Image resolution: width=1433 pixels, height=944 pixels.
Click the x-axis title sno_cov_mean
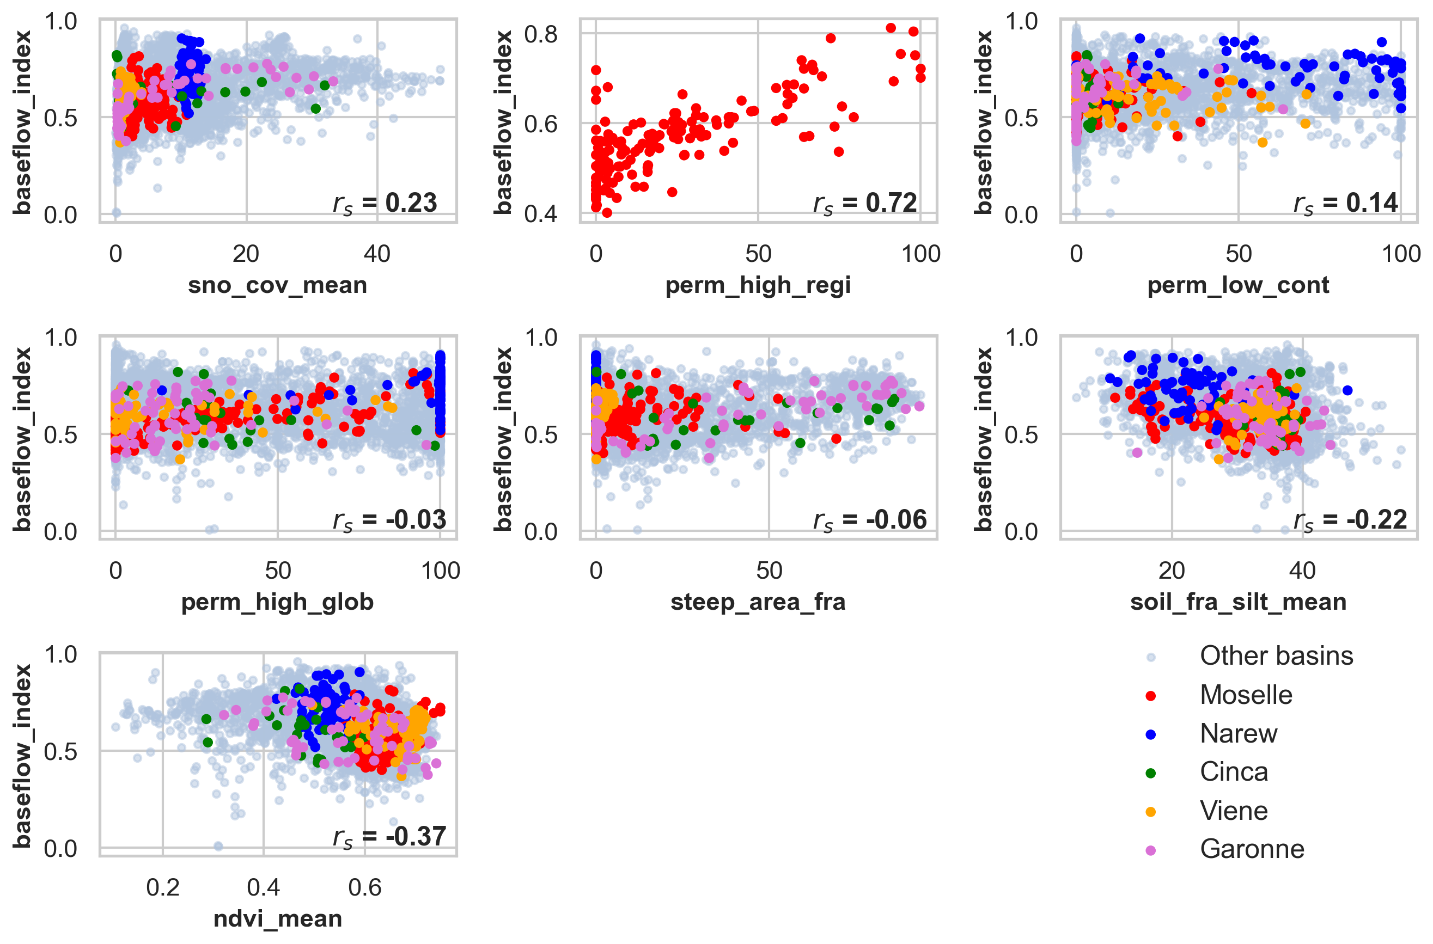tap(277, 285)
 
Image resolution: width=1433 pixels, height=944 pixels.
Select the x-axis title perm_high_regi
tap(758, 285)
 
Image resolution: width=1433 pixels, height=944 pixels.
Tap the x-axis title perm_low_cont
tap(1238, 285)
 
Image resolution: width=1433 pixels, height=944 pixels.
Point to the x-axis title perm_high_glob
tap(277, 602)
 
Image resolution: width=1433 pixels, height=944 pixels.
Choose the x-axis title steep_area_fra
tap(758, 602)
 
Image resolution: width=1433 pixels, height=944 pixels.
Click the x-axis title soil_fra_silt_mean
tap(1238, 602)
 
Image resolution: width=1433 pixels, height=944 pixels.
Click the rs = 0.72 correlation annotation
tap(865, 204)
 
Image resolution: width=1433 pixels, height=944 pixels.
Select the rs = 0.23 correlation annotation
tap(385, 204)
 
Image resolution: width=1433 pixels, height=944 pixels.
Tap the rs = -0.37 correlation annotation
tap(389, 837)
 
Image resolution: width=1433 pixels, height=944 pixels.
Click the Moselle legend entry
tap(1246, 695)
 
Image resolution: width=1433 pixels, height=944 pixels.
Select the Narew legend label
tap(1238, 733)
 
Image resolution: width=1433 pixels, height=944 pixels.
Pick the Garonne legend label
tap(1252, 849)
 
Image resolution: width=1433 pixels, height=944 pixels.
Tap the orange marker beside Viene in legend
tap(1150, 812)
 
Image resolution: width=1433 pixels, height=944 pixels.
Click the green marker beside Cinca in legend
tap(1150, 773)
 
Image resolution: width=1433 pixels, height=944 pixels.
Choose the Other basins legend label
tap(1276, 655)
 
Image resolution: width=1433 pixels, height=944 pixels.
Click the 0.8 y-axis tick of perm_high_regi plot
tap(540, 34)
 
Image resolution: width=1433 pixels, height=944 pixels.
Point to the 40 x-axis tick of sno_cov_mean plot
tap(377, 254)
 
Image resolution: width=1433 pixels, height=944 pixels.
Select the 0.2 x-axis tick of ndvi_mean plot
tap(163, 887)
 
